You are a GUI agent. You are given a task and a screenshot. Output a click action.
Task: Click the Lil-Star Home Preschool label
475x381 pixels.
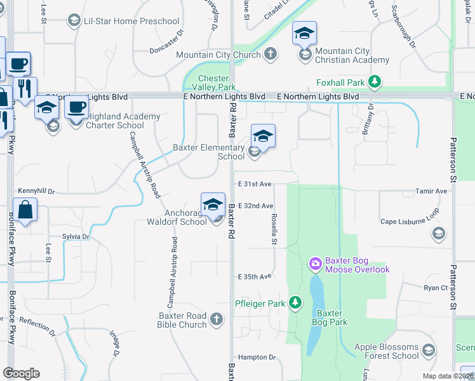pos(133,22)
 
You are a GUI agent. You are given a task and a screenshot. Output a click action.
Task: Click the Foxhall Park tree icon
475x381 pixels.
pos(375,82)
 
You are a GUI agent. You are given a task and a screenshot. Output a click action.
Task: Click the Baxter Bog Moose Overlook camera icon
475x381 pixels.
pos(314,263)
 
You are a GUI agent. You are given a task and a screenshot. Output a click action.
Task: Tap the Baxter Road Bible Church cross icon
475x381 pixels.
pos(217,319)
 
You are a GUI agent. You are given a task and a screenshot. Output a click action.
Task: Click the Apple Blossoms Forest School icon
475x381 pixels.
pos(429,351)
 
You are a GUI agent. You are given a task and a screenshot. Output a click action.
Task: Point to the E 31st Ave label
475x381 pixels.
pos(255,184)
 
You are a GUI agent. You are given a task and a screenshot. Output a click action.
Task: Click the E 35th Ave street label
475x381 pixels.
pos(255,277)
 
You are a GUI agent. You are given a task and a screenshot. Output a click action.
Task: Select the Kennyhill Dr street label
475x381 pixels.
pos(37,190)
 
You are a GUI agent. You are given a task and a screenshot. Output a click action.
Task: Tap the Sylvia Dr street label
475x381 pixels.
pos(76,236)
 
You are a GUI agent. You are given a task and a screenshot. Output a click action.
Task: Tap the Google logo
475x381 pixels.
pos(21,373)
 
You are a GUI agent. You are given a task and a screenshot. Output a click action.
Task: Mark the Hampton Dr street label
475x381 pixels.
pos(257,358)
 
